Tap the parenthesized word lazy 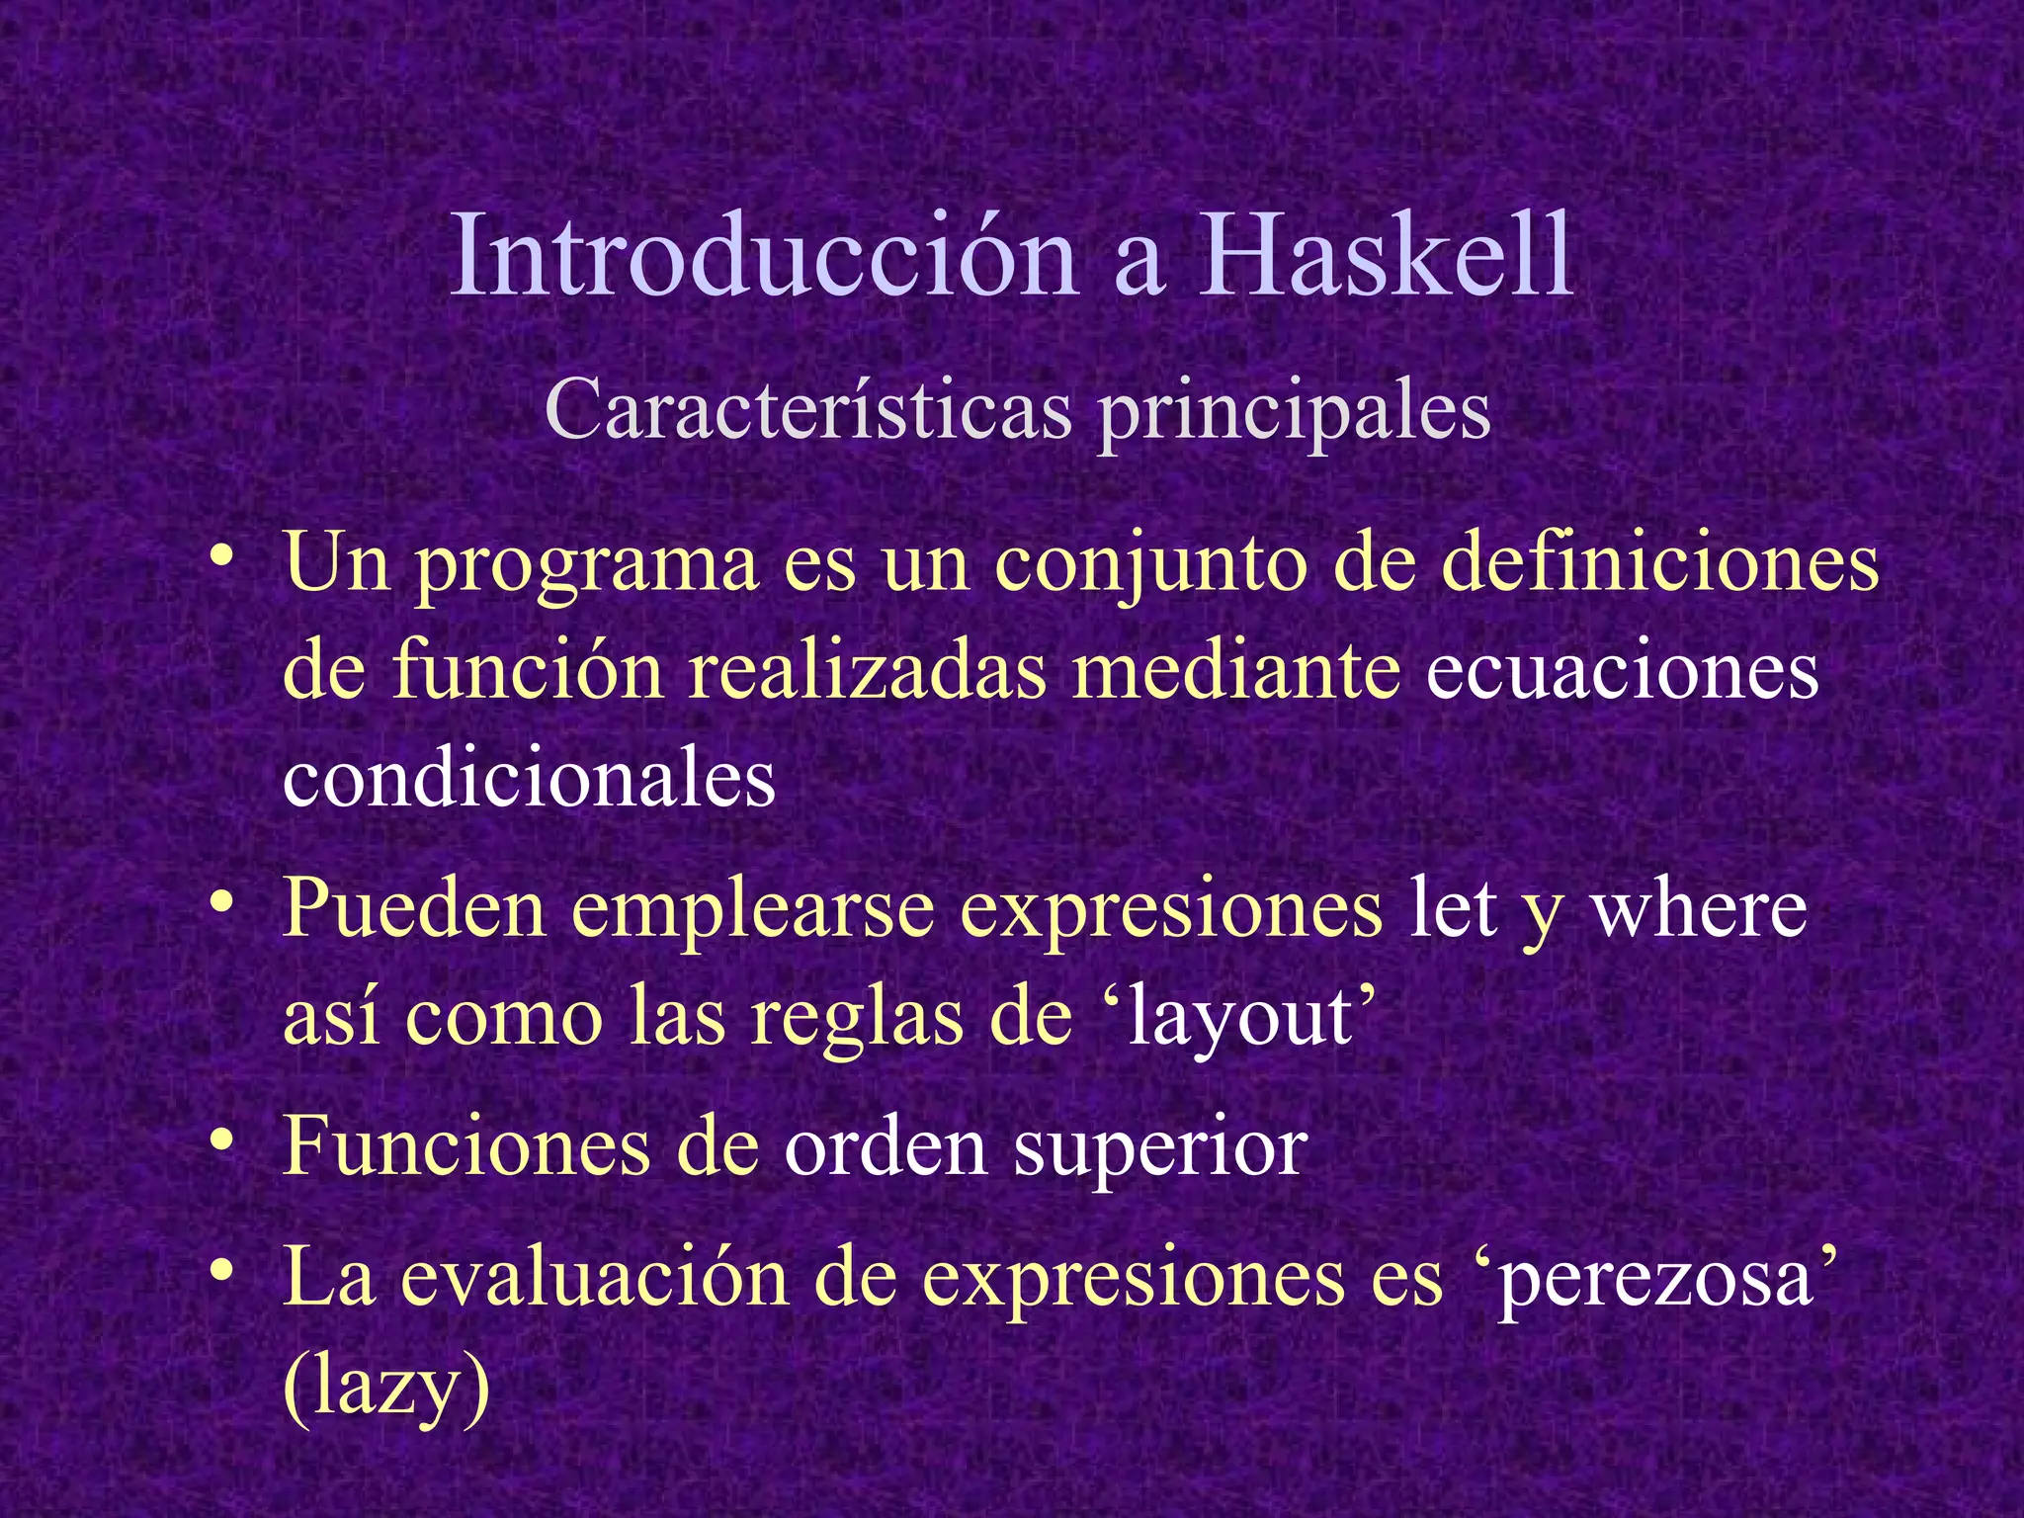[386, 1386]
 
